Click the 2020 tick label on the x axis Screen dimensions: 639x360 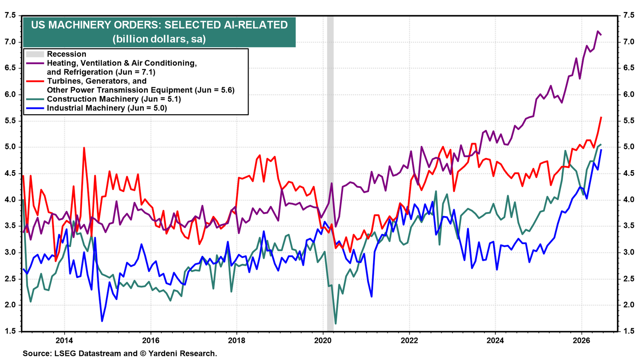click(x=323, y=340)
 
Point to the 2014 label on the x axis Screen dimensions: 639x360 click(x=64, y=340)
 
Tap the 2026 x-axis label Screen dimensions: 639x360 click(x=581, y=340)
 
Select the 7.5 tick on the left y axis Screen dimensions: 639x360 click(x=10, y=16)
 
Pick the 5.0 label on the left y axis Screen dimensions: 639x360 click(x=10, y=147)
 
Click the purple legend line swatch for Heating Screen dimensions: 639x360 click(x=35, y=63)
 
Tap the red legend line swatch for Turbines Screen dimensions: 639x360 click(x=35, y=81)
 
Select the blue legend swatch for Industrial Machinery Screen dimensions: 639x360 click(x=35, y=108)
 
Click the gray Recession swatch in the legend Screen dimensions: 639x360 click(x=35, y=54)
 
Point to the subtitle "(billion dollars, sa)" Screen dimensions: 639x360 click(x=159, y=39)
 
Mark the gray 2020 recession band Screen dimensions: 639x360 click(x=330, y=173)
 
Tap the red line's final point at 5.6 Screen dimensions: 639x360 click(x=601, y=117)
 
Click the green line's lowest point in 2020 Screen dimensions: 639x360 click(x=335, y=324)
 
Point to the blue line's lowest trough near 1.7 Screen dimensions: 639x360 click(x=102, y=321)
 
